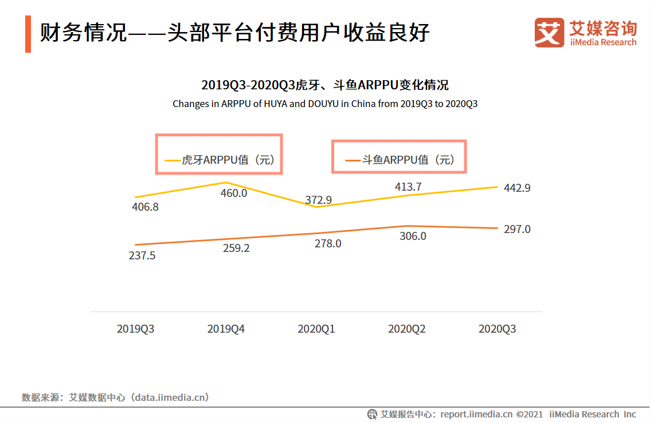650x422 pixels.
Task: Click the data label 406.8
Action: coord(144,207)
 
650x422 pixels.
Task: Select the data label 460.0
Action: coord(234,194)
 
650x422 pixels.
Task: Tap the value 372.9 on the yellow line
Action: coord(319,200)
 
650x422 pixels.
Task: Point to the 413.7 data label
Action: coord(408,187)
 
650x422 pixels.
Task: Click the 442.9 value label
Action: coord(516,188)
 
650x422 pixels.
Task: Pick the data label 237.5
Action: coord(142,256)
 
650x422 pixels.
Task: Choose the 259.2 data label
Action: coord(236,249)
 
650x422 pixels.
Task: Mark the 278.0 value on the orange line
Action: coord(328,243)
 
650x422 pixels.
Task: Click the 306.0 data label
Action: coord(413,236)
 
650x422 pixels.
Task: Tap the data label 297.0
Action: coord(517,229)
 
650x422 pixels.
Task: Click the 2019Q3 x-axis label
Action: coord(135,329)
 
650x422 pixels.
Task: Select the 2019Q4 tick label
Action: coord(226,329)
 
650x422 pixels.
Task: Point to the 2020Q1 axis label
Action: coord(316,329)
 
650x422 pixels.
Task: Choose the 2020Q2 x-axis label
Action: coord(407,329)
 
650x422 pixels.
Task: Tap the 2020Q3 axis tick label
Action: coord(497,329)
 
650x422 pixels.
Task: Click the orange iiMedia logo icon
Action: coord(549,32)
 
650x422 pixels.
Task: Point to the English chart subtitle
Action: coord(325,104)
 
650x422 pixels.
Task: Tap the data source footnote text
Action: coord(115,397)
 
